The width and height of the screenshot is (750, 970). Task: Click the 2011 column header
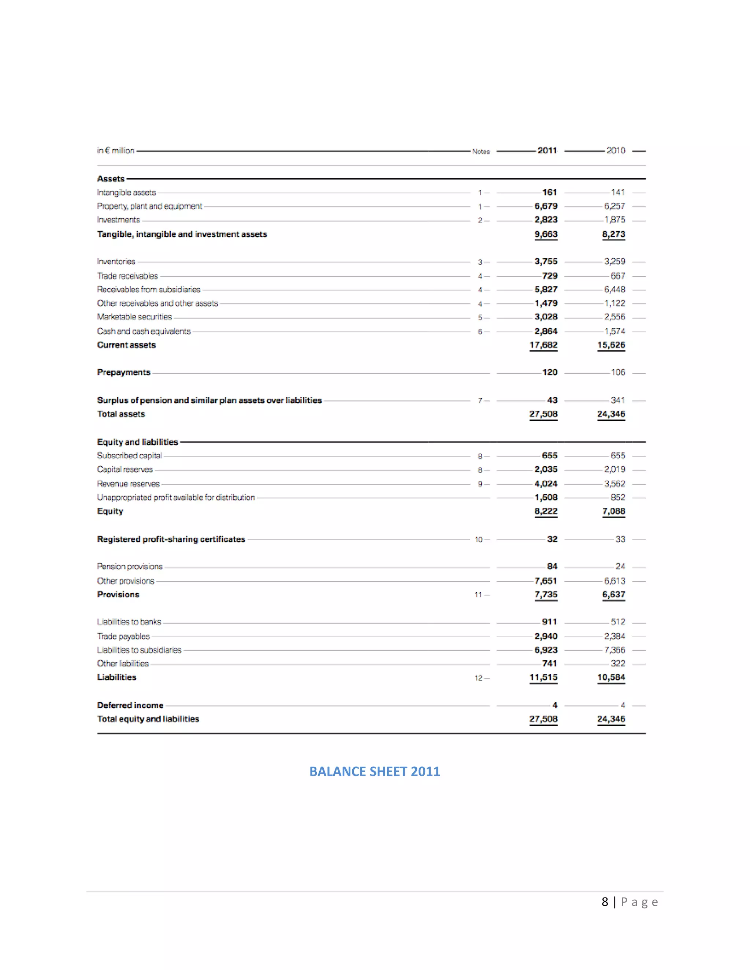(x=547, y=150)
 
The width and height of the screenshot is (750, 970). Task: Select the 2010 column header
(x=616, y=150)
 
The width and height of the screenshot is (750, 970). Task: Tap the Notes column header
(x=481, y=152)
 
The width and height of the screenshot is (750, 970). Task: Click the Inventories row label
(x=116, y=262)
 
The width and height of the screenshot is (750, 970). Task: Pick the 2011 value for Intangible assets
(x=550, y=192)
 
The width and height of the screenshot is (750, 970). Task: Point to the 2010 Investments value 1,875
(x=615, y=220)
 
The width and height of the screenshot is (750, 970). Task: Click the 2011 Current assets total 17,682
(x=543, y=345)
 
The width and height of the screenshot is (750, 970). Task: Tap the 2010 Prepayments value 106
(x=618, y=372)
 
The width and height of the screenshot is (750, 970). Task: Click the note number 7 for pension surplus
(x=480, y=400)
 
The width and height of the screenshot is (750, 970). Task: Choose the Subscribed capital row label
(x=129, y=456)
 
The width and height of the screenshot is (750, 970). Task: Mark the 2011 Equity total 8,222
(x=546, y=511)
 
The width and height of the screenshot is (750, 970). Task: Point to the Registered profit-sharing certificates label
(x=171, y=539)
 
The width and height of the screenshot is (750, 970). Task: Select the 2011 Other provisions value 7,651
(x=546, y=581)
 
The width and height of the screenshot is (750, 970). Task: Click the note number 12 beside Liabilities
(x=478, y=678)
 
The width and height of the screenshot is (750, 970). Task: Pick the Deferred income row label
(x=130, y=705)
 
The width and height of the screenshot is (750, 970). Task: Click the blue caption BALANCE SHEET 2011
(x=375, y=772)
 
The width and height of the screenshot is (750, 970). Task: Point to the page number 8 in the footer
(x=605, y=902)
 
